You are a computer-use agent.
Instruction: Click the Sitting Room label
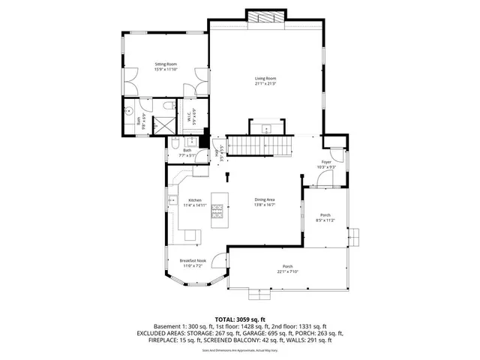coord(165,65)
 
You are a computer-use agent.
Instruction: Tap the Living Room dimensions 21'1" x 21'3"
coord(266,84)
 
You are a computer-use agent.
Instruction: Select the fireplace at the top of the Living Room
coord(266,18)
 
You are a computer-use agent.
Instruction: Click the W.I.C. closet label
coord(190,116)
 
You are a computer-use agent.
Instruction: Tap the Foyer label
coord(326,162)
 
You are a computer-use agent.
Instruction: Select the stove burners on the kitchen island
coord(220,214)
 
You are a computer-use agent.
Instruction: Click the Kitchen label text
coord(195,200)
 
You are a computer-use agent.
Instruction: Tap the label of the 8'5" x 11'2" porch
coord(324,216)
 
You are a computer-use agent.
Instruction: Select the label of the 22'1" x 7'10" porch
coord(287,267)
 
